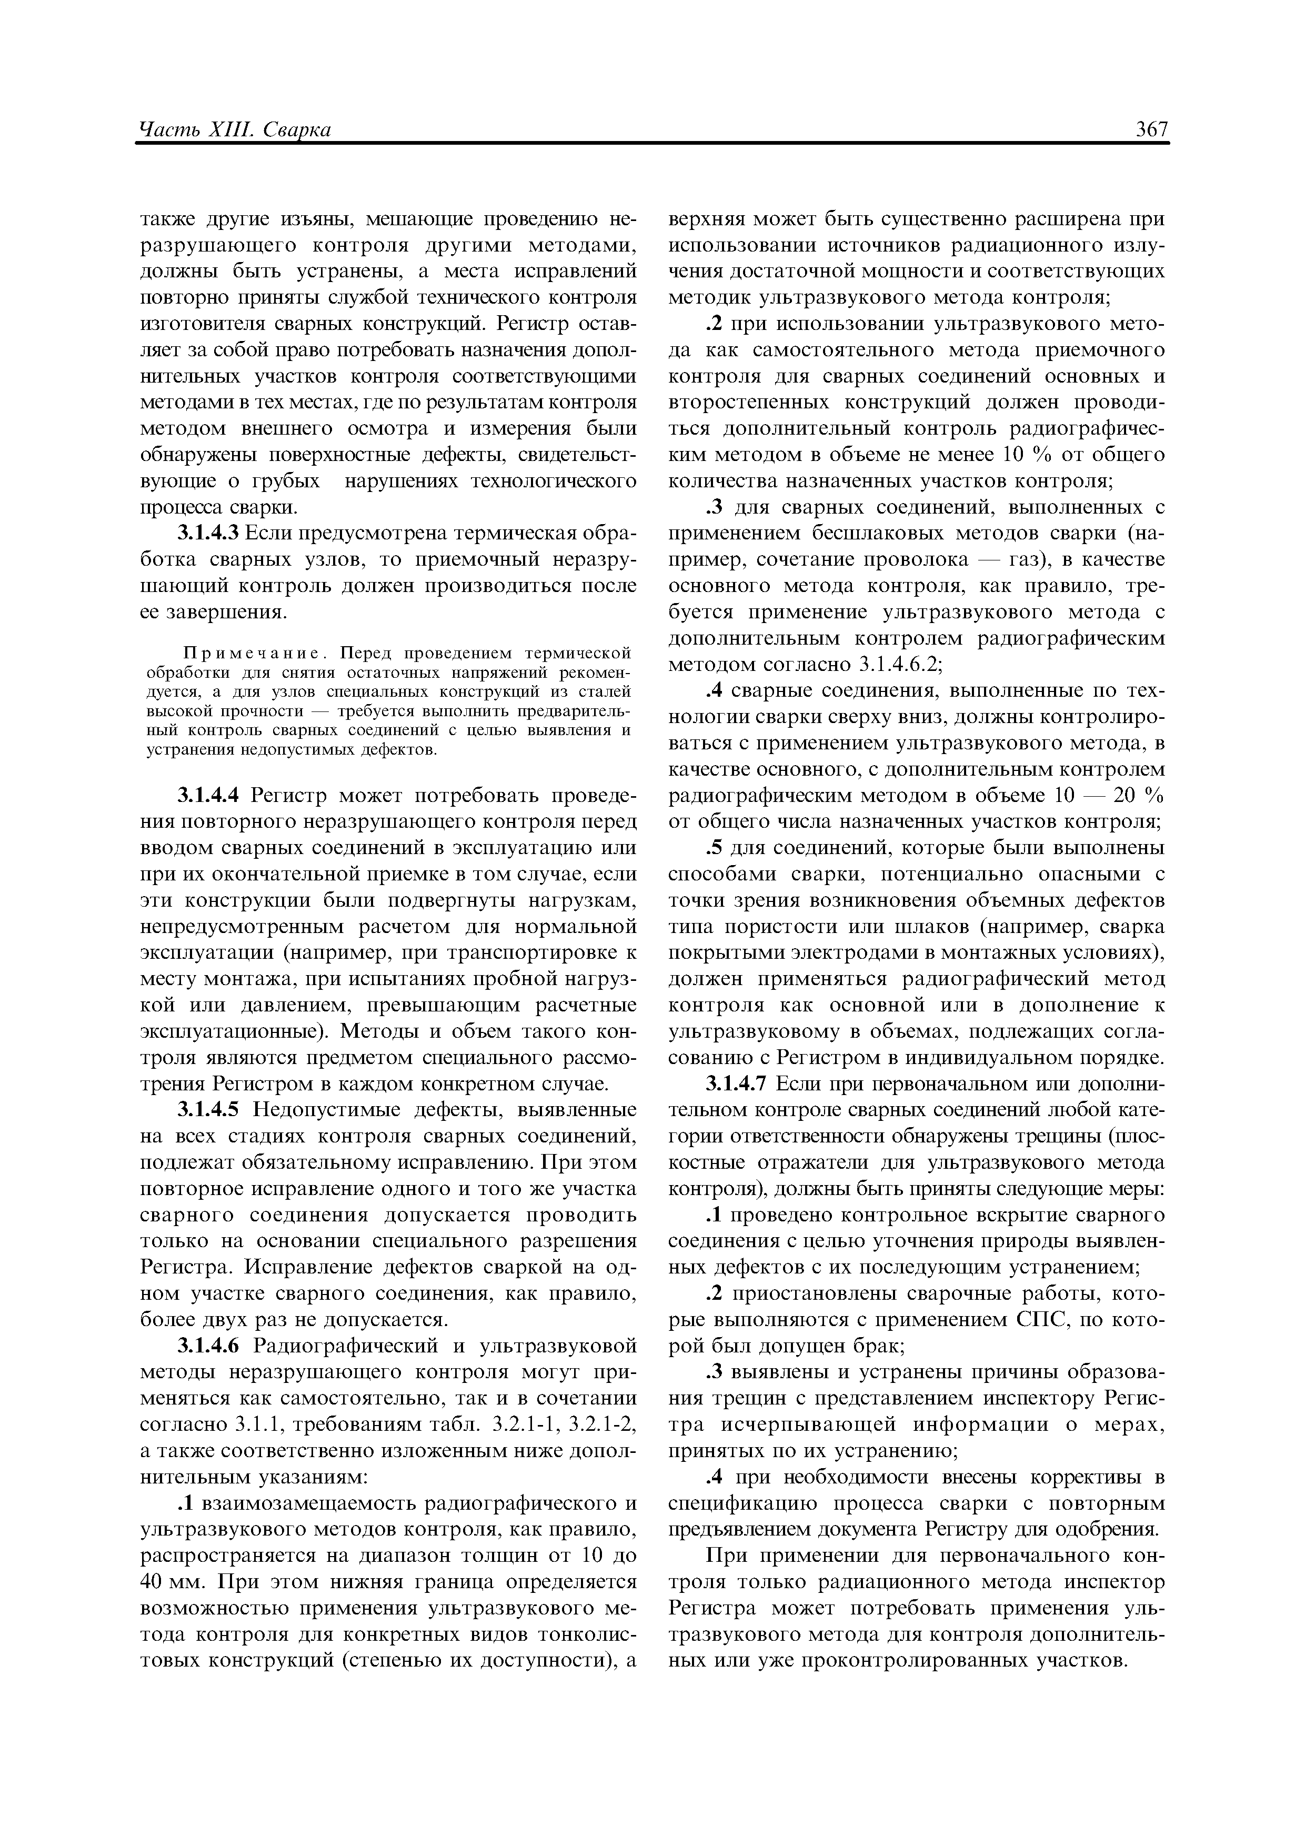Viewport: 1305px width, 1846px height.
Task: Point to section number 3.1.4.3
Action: [x=207, y=533]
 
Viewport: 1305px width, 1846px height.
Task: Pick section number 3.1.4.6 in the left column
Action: [x=207, y=1345]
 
